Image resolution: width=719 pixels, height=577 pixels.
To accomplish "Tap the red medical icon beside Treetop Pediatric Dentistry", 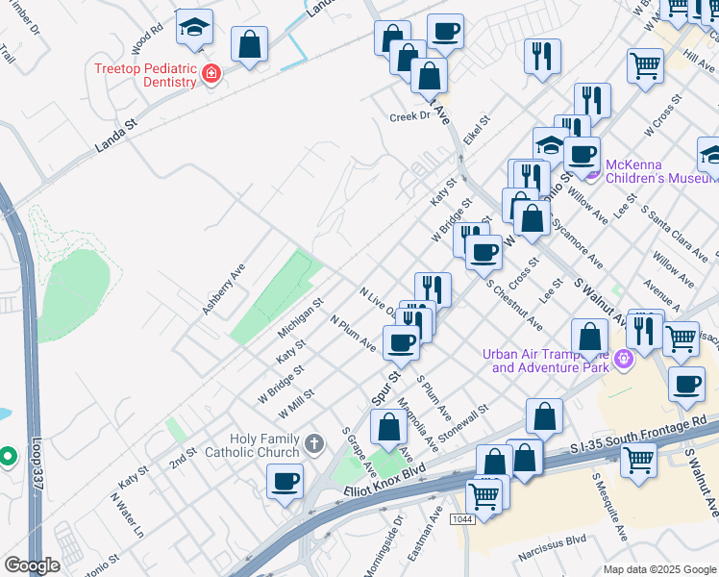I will (x=211, y=73).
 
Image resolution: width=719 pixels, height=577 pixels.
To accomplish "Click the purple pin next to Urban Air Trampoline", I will (x=624, y=359).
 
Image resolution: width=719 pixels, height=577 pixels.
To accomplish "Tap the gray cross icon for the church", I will (x=313, y=444).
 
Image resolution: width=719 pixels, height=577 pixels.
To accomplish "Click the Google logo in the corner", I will (x=32, y=565).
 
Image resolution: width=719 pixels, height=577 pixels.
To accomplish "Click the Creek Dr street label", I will (x=410, y=116).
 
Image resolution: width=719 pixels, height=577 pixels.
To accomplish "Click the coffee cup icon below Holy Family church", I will (x=285, y=480).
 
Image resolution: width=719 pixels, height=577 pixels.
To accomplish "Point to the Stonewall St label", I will (x=463, y=423).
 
